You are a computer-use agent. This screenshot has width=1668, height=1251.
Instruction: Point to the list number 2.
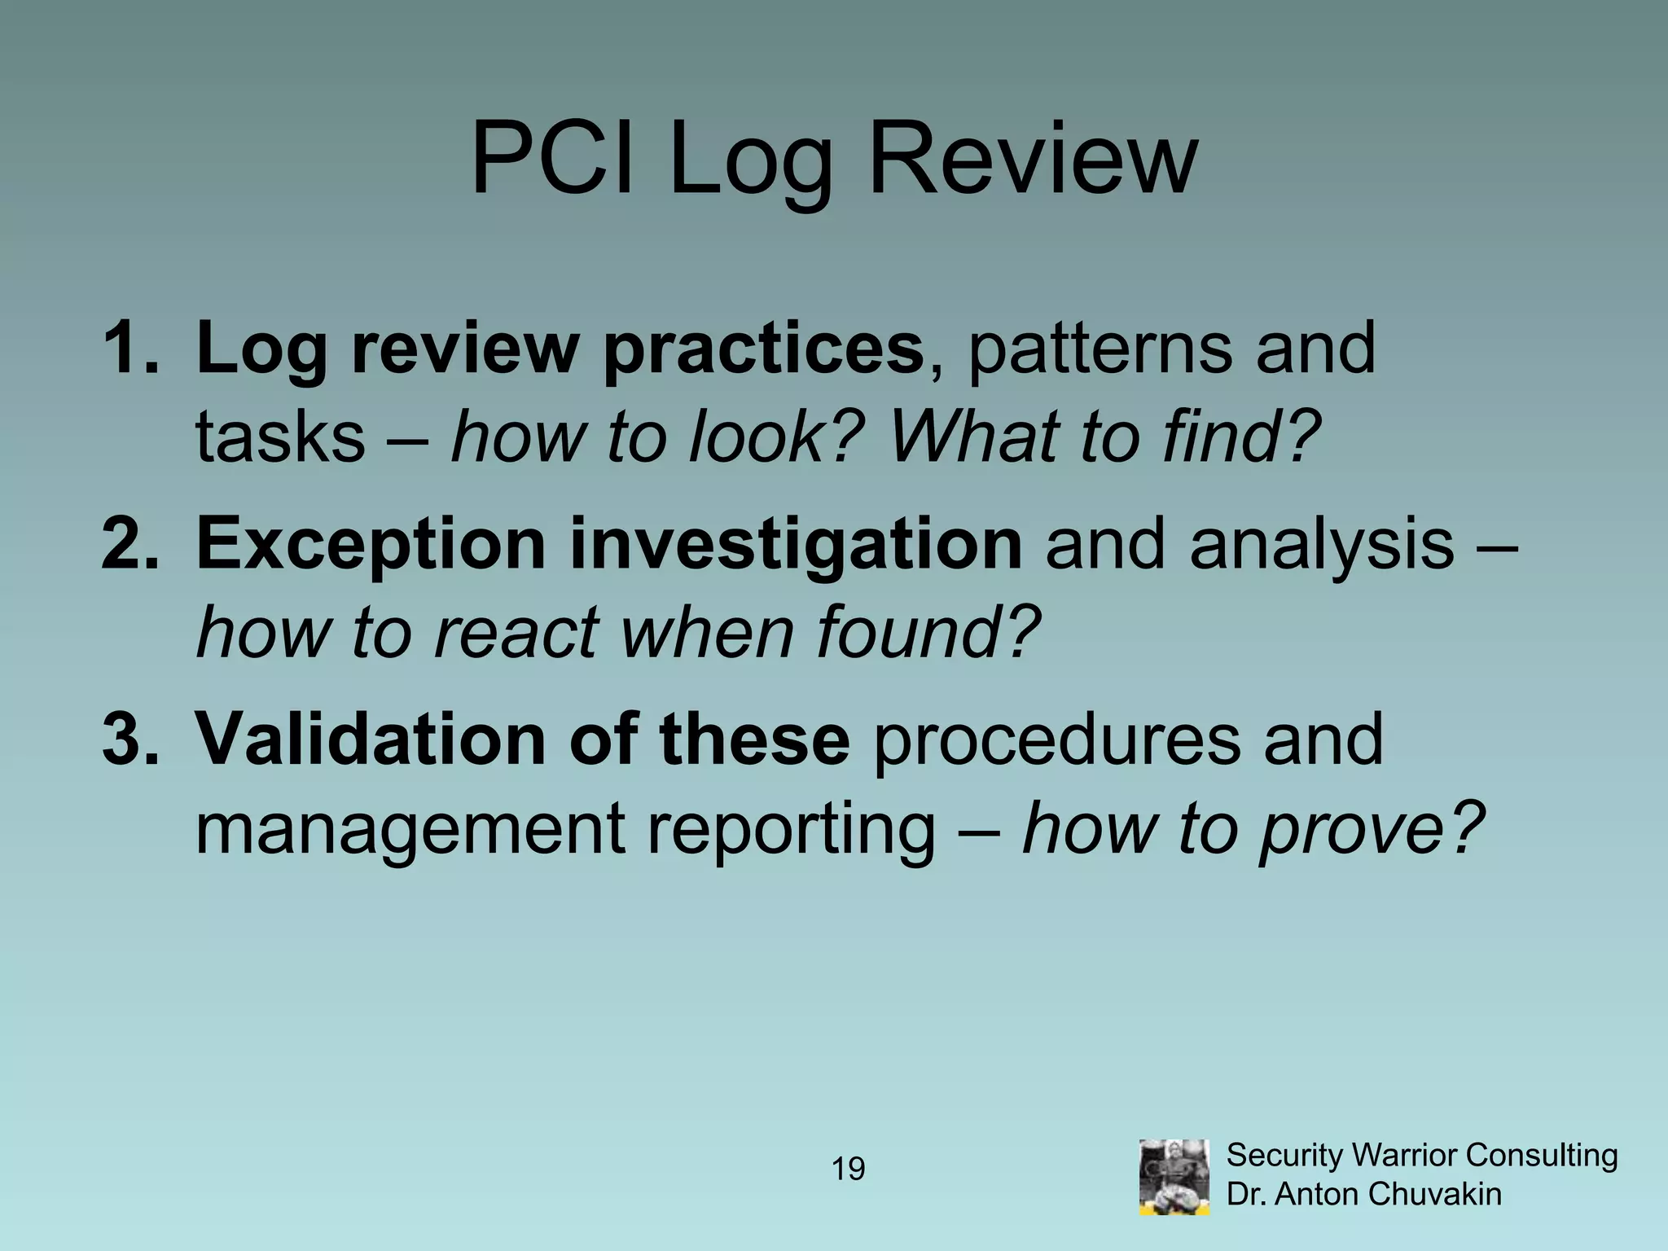click(130, 543)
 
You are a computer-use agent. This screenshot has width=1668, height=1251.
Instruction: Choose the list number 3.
click(130, 739)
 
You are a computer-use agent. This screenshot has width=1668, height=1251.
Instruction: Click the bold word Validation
click(371, 740)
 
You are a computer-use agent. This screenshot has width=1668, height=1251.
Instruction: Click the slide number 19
click(848, 1170)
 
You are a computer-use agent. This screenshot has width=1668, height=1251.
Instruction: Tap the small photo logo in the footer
click(1174, 1176)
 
